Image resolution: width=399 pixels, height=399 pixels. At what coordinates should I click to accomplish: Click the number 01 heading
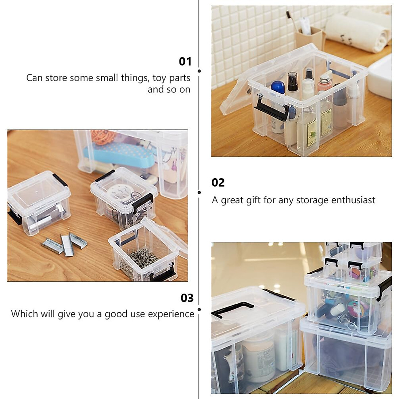click(x=185, y=62)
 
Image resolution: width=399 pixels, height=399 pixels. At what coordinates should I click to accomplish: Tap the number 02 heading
click(x=218, y=183)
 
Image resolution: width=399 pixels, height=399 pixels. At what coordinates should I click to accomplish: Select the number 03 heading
click(x=187, y=298)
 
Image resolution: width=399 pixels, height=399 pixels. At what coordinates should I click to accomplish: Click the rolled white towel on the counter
click(x=356, y=33)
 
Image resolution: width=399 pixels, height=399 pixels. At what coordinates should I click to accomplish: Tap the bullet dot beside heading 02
click(x=199, y=193)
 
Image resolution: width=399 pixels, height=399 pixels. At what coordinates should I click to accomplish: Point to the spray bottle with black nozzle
click(x=293, y=83)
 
